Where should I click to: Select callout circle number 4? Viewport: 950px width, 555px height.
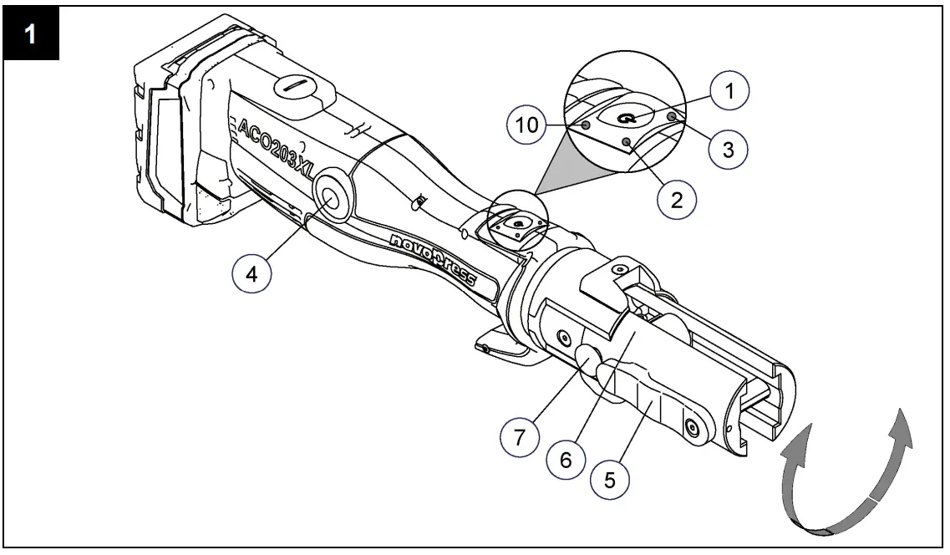[x=249, y=275]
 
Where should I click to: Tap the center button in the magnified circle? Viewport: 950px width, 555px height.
[x=625, y=119]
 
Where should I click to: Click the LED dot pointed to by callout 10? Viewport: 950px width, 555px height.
[x=586, y=125]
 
